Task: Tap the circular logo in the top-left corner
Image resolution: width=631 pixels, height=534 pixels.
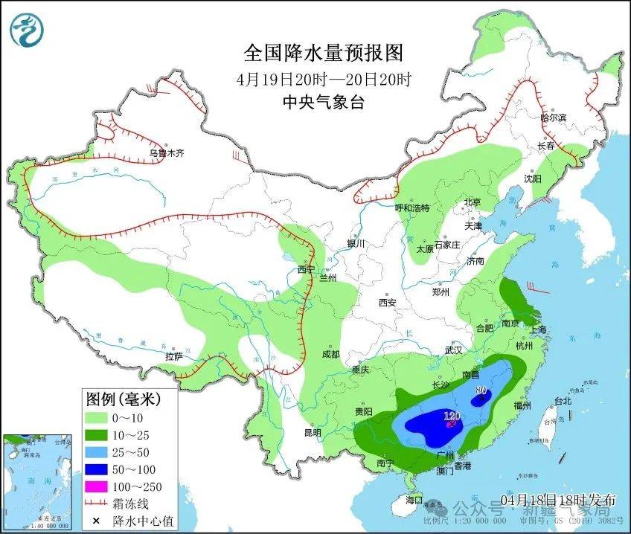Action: pyautogui.click(x=27, y=29)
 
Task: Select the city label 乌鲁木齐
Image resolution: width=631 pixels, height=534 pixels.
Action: pyautogui.click(x=165, y=153)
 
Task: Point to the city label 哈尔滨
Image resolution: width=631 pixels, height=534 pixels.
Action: pyautogui.click(x=553, y=118)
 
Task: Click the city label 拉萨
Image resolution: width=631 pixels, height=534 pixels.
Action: pyautogui.click(x=173, y=356)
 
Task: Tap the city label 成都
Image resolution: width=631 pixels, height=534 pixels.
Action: pyautogui.click(x=331, y=355)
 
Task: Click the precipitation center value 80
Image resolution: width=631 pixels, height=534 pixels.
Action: pyautogui.click(x=481, y=390)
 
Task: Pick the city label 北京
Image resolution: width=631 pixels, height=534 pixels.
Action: pyautogui.click(x=473, y=202)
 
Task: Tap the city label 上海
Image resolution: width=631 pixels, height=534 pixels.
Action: pyautogui.click(x=537, y=329)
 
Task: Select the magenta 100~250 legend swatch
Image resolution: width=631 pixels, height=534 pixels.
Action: pyautogui.click(x=97, y=486)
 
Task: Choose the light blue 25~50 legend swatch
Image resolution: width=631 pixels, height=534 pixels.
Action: pyautogui.click(x=97, y=452)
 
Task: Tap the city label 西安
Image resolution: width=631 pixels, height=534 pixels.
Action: pyautogui.click(x=388, y=303)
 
